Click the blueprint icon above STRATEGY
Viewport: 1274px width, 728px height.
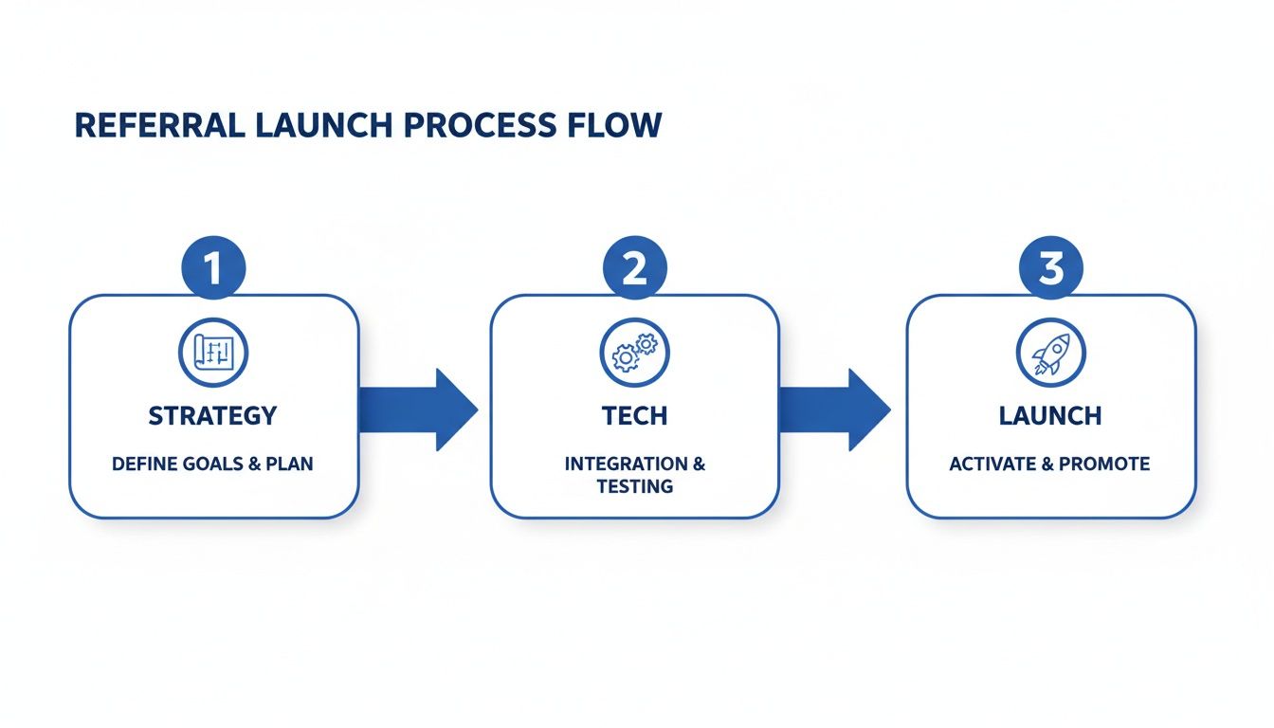[213, 353]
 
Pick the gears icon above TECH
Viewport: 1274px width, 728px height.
[634, 353]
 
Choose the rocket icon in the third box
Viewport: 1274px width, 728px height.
[1051, 353]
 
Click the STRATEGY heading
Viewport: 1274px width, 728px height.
[213, 415]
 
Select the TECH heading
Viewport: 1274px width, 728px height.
[634, 415]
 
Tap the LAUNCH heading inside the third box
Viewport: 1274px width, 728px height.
[1050, 415]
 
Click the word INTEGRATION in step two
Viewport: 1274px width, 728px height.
[626, 464]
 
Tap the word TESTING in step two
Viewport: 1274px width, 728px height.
[634, 486]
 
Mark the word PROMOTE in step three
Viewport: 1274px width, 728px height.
[1104, 464]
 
